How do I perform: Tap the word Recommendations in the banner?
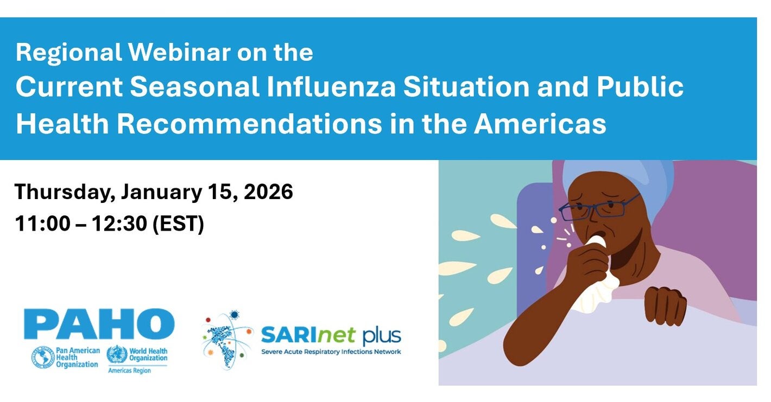(250, 124)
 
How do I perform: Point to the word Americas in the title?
(540, 124)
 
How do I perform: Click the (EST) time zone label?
(178, 224)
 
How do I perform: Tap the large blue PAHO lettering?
(99, 324)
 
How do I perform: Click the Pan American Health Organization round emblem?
(43, 358)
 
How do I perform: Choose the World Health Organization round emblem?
(117, 354)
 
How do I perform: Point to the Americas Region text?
(129, 371)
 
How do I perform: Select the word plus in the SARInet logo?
(382, 336)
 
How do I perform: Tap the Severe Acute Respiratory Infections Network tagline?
(331, 352)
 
